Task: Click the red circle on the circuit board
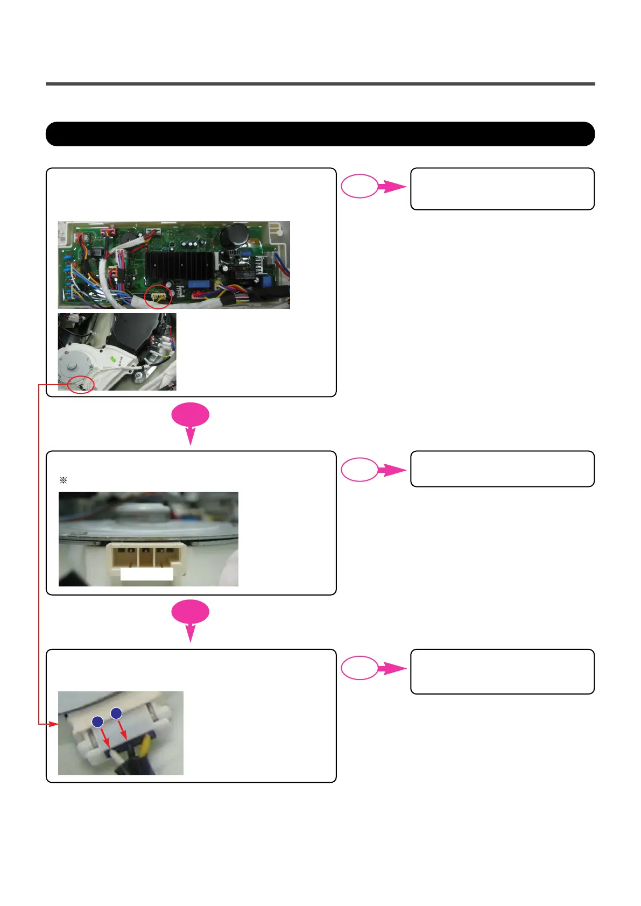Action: [158, 295]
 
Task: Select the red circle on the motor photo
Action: [81, 385]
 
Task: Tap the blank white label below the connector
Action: [146, 574]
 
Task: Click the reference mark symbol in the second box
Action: [63, 480]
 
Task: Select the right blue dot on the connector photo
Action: [116, 713]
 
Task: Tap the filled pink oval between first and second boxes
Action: [191, 415]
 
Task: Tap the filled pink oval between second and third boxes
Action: [191, 612]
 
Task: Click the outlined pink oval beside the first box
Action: [360, 186]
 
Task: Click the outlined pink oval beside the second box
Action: [360, 469]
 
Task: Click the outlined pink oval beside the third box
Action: [360, 668]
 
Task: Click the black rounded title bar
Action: [320, 134]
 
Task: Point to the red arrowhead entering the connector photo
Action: [53, 724]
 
